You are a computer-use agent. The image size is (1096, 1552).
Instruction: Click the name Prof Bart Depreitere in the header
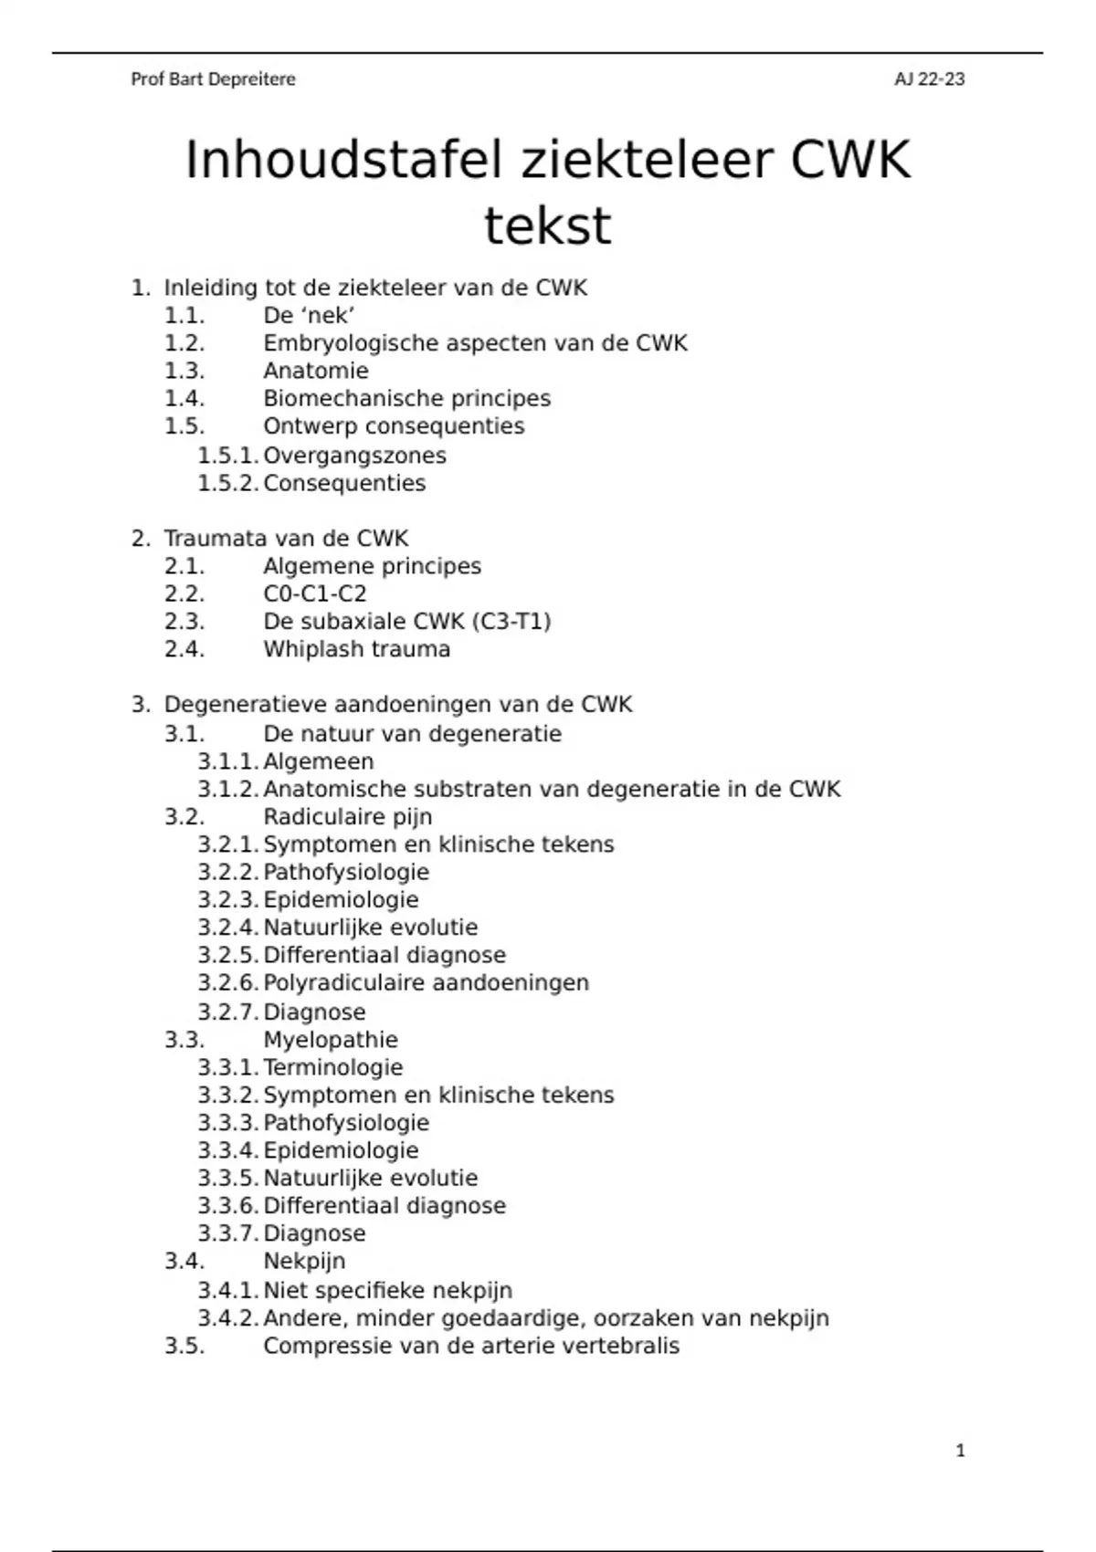[213, 79]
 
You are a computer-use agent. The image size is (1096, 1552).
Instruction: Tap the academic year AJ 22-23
[929, 79]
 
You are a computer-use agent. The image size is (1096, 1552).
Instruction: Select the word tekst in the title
[547, 225]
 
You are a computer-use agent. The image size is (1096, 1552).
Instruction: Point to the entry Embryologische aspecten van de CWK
[475, 343]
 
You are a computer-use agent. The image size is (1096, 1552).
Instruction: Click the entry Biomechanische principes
[406, 399]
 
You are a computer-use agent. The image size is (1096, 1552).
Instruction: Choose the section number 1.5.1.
[228, 456]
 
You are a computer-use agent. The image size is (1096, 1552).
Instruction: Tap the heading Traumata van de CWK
[286, 539]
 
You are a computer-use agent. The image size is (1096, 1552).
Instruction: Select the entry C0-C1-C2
[315, 594]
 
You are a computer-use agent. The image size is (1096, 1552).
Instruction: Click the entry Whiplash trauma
[356, 650]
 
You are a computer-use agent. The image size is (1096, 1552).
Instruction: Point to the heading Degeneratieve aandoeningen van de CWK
[397, 705]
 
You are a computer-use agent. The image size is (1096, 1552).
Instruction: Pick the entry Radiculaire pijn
[347, 817]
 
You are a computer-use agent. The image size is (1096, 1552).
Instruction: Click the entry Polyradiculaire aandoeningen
[426, 983]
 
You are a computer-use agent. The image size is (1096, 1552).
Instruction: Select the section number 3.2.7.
[228, 1012]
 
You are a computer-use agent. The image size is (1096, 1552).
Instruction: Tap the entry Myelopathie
[331, 1040]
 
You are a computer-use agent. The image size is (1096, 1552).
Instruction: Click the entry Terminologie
[332, 1067]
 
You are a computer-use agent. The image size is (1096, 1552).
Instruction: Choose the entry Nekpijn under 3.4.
[304, 1262]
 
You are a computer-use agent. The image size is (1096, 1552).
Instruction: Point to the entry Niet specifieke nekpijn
[387, 1291]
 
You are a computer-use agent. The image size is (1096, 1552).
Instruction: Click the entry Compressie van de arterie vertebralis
[471, 1347]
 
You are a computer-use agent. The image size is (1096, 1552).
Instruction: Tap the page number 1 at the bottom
[960, 1451]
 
